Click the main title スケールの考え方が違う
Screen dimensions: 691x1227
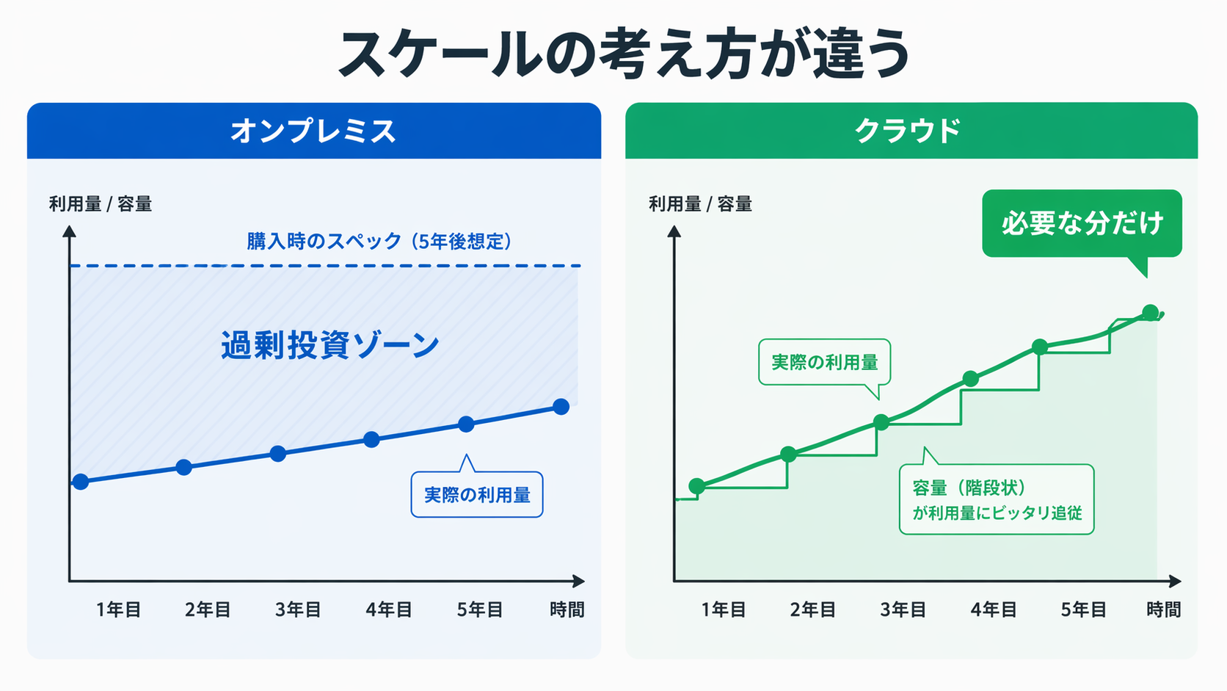(624, 53)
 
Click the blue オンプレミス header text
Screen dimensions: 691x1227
(313, 131)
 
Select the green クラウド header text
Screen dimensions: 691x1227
(909, 131)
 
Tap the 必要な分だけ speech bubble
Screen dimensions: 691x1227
(1082, 223)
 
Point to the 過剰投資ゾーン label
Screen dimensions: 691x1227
(330, 345)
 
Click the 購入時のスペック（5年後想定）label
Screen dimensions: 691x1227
(379, 241)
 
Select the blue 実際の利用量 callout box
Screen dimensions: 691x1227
(477, 495)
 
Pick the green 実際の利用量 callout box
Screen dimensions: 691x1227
(824, 362)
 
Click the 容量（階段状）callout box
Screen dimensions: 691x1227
(997, 499)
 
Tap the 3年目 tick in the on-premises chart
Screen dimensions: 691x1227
(298, 609)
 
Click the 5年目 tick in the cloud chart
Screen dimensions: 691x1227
(1083, 609)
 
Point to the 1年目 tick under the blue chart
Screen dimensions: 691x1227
(118, 609)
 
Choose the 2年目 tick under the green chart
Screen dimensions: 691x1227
(812, 609)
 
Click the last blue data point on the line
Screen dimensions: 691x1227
(561, 406)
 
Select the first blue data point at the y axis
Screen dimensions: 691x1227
(81, 482)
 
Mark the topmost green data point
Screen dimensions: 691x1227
(1150, 312)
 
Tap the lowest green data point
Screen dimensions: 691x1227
(697, 485)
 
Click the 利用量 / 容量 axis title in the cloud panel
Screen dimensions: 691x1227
(700, 204)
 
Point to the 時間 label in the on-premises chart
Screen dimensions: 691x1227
(567, 609)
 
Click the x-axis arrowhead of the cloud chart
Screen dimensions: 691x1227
(1176, 581)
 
